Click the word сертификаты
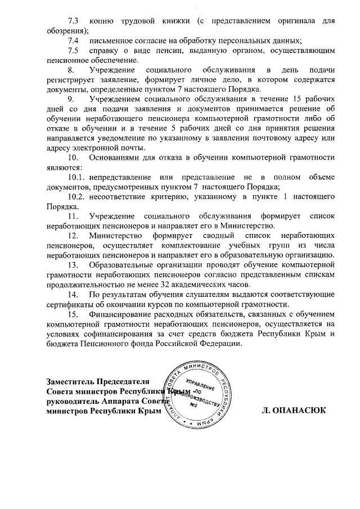pyautogui.click(x=65, y=304)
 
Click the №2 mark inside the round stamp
pyautogui.click(x=193, y=404)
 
